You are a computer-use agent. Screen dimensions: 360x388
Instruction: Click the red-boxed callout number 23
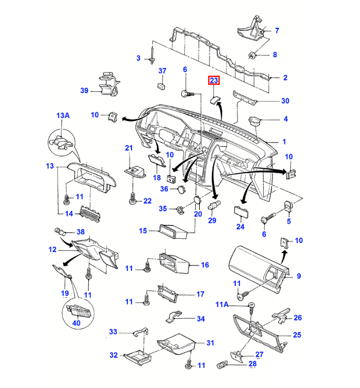pos(214,80)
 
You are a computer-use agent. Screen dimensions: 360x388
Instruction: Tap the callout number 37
pos(162,71)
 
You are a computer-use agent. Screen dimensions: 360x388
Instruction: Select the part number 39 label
pos(84,91)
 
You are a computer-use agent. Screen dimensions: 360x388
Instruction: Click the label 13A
pos(63,116)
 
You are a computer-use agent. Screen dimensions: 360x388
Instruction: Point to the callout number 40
pos(76,323)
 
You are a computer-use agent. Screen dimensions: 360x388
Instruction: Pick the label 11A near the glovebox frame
pos(222,305)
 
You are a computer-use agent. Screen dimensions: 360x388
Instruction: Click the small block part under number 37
pos(161,86)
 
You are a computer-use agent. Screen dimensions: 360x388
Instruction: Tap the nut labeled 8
pos(252,56)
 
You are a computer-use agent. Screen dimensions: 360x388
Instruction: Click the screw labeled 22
pos(133,199)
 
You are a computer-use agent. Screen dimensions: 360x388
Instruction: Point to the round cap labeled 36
pos(182,189)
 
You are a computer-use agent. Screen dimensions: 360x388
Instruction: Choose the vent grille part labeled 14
pos(90,214)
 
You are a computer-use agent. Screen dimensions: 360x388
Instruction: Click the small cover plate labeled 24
pos(241,211)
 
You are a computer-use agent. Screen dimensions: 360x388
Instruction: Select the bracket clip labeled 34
pos(173,316)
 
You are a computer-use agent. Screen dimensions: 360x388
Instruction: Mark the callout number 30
pos(285,101)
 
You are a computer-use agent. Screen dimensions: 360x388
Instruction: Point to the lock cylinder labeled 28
pos(222,365)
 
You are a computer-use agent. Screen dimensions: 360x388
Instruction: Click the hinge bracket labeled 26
pos(281,315)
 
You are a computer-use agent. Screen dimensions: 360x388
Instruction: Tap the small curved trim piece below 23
pos(215,100)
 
